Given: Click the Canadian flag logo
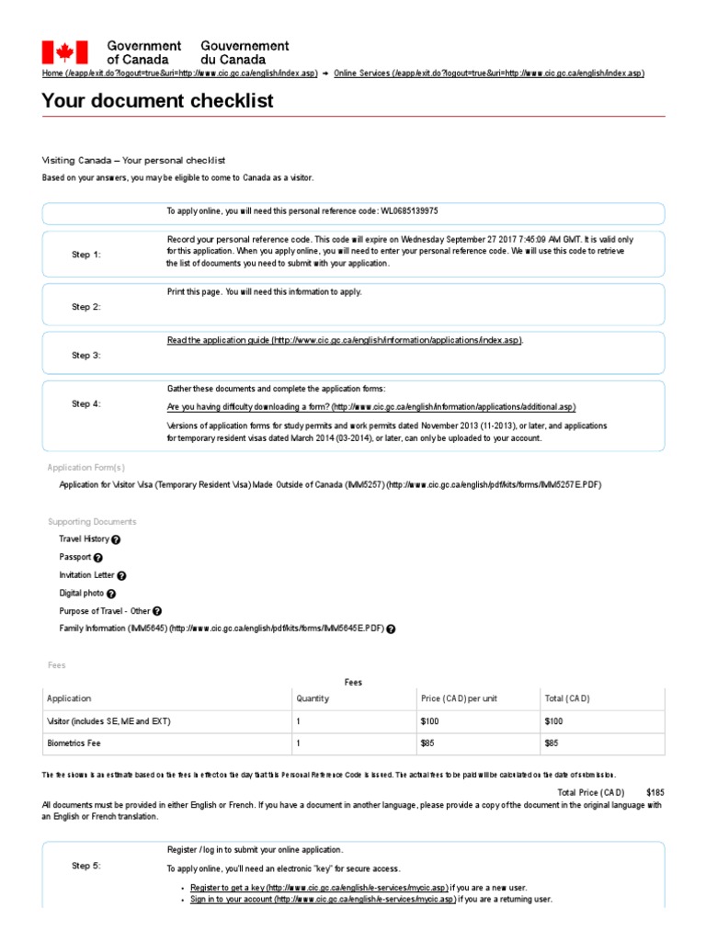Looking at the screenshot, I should pyautogui.click(x=64, y=51).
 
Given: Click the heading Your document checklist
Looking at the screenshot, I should pyautogui.click(x=157, y=101).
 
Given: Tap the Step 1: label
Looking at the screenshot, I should pyautogui.click(x=86, y=255).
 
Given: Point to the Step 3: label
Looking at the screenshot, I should pyautogui.click(x=86, y=355).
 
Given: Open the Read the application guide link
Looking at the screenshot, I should pyautogui.click(x=345, y=340).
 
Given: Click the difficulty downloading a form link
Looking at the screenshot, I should pyautogui.click(x=371, y=406).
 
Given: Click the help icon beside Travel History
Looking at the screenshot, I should pyautogui.click(x=116, y=539).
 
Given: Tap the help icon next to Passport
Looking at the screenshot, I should pyautogui.click(x=98, y=558).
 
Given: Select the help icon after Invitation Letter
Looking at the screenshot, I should pyautogui.click(x=122, y=576).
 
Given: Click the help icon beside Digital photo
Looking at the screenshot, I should pyautogui.click(x=111, y=595).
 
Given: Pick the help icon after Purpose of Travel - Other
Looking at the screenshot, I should pyautogui.click(x=157, y=611).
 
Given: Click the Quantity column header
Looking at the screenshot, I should pyautogui.click(x=313, y=698).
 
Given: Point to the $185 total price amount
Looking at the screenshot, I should pyautogui.click(x=655, y=791).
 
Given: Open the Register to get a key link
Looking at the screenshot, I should pyautogui.click(x=318, y=888).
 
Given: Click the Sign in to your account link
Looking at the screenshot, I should pyautogui.click(x=323, y=900).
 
